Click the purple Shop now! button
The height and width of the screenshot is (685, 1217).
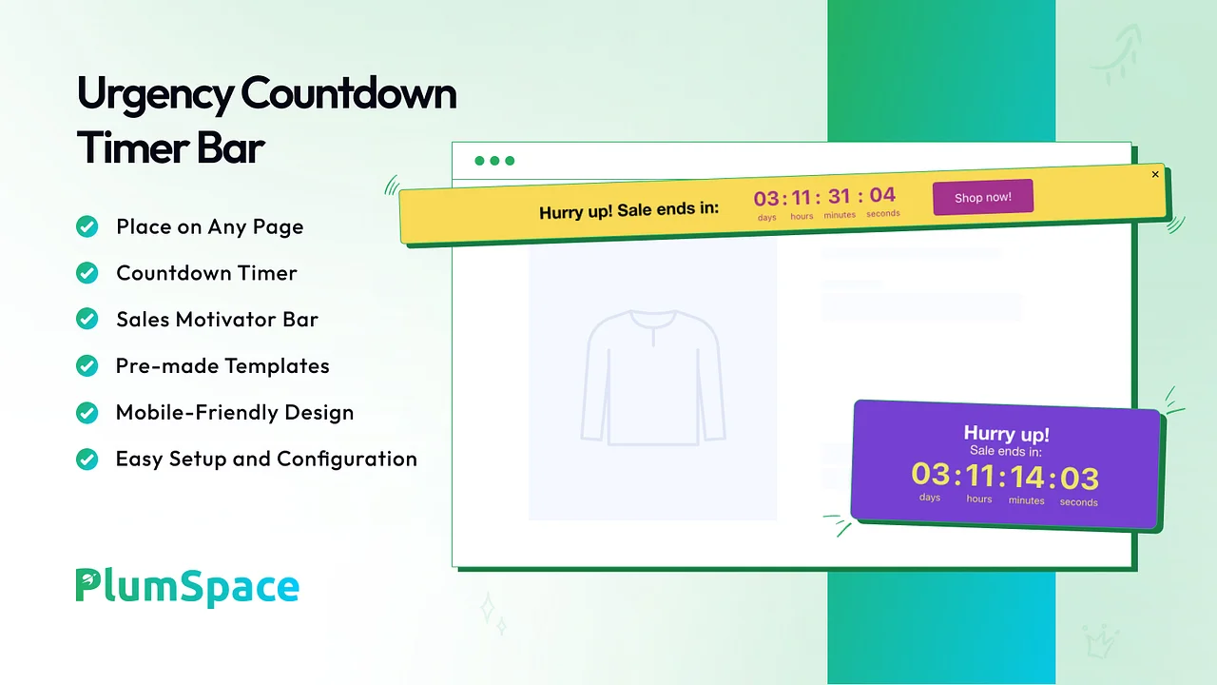[983, 197]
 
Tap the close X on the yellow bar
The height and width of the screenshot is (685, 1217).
[1155, 174]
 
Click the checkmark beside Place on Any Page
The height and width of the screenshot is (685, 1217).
[87, 226]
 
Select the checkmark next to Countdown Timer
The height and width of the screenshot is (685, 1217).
[87, 273]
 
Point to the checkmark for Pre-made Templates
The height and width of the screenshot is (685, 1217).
[87, 366]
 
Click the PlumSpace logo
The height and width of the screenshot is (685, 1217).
[187, 587]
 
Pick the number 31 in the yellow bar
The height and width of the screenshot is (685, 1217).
[839, 196]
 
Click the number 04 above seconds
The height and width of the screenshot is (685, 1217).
[882, 195]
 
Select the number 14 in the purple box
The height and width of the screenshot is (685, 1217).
[1027, 478]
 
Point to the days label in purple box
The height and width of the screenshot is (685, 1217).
[930, 498]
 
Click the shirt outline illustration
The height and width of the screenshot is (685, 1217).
[653, 378]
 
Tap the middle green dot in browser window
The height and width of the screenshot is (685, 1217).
[494, 161]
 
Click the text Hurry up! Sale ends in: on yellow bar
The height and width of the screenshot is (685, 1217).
[628, 210]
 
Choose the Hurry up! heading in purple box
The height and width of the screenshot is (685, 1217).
[1006, 434]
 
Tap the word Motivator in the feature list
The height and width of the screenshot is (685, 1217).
[225, 320]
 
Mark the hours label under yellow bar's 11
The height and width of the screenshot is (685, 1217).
[802, 216]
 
